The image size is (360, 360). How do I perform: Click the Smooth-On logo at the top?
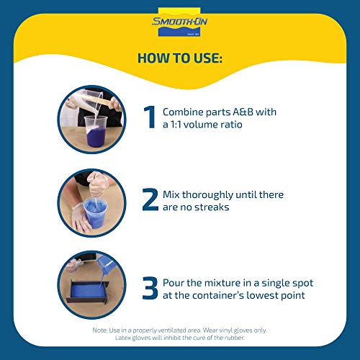(x=179, y=22)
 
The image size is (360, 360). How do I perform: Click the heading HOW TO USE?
(x=180, y=58)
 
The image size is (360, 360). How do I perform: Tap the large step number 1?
(x=149, y=117)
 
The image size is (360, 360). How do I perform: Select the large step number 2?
(x=150, y=199)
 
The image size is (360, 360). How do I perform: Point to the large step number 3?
(x=150, y=288)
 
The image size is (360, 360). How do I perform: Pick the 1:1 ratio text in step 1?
(x=176, y=125)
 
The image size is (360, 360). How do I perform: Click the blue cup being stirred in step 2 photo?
(x=95, y=212)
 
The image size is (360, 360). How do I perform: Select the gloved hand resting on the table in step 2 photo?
(x=81, y=218)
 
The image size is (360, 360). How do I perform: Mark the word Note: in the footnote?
(x=100, y=330)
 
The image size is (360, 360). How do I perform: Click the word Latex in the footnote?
(x=122, y=338)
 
